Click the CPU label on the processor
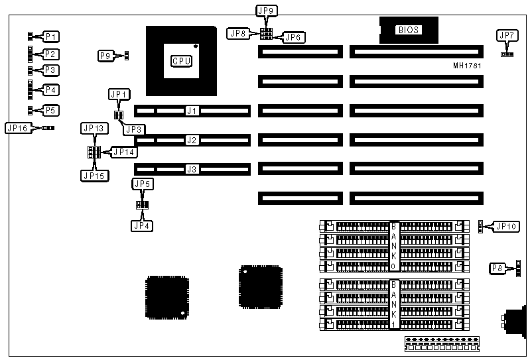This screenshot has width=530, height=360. click(182, 62)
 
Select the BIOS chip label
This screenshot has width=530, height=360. click(408, 30)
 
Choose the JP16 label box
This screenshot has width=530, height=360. click(18, 128)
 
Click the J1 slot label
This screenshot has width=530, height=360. click(192, 111)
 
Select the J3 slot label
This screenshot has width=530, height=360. click(192, 170)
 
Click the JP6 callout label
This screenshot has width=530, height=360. click(293, 37)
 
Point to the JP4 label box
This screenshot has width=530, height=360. click(142, 226)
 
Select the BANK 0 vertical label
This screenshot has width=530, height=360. click(393, 246)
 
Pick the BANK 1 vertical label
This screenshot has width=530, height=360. click(393, 304)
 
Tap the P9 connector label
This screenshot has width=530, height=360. click(105, 56)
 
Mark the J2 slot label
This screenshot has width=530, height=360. click(192, 140)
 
